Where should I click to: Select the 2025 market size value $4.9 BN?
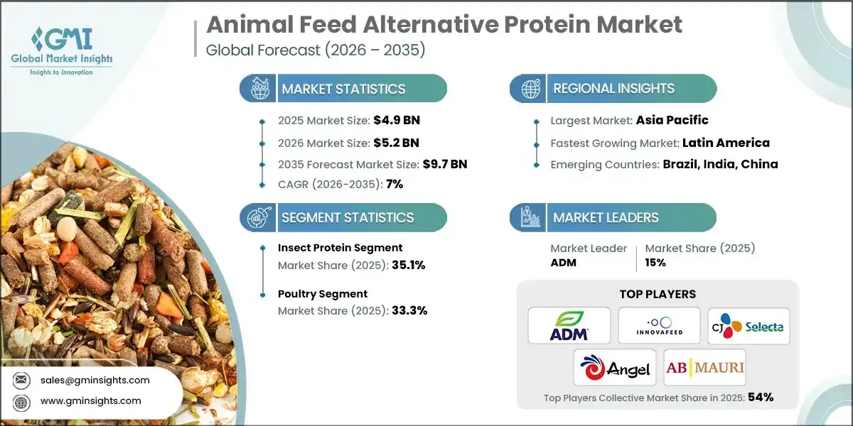[402, 120]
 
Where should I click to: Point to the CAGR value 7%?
[394, 184]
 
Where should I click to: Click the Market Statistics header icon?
[257, 89]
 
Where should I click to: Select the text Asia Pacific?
[672, 120]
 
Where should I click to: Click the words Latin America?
[726, 143]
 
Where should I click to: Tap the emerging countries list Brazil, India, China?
[720, 164]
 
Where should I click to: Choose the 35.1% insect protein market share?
[407, 265]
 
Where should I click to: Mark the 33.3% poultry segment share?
[409, 310]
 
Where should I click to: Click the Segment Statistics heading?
[348, 218]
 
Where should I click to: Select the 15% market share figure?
[655, 262]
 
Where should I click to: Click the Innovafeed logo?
[659, 325]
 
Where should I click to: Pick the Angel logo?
[614, 367]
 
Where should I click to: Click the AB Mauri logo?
[704, 367]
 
